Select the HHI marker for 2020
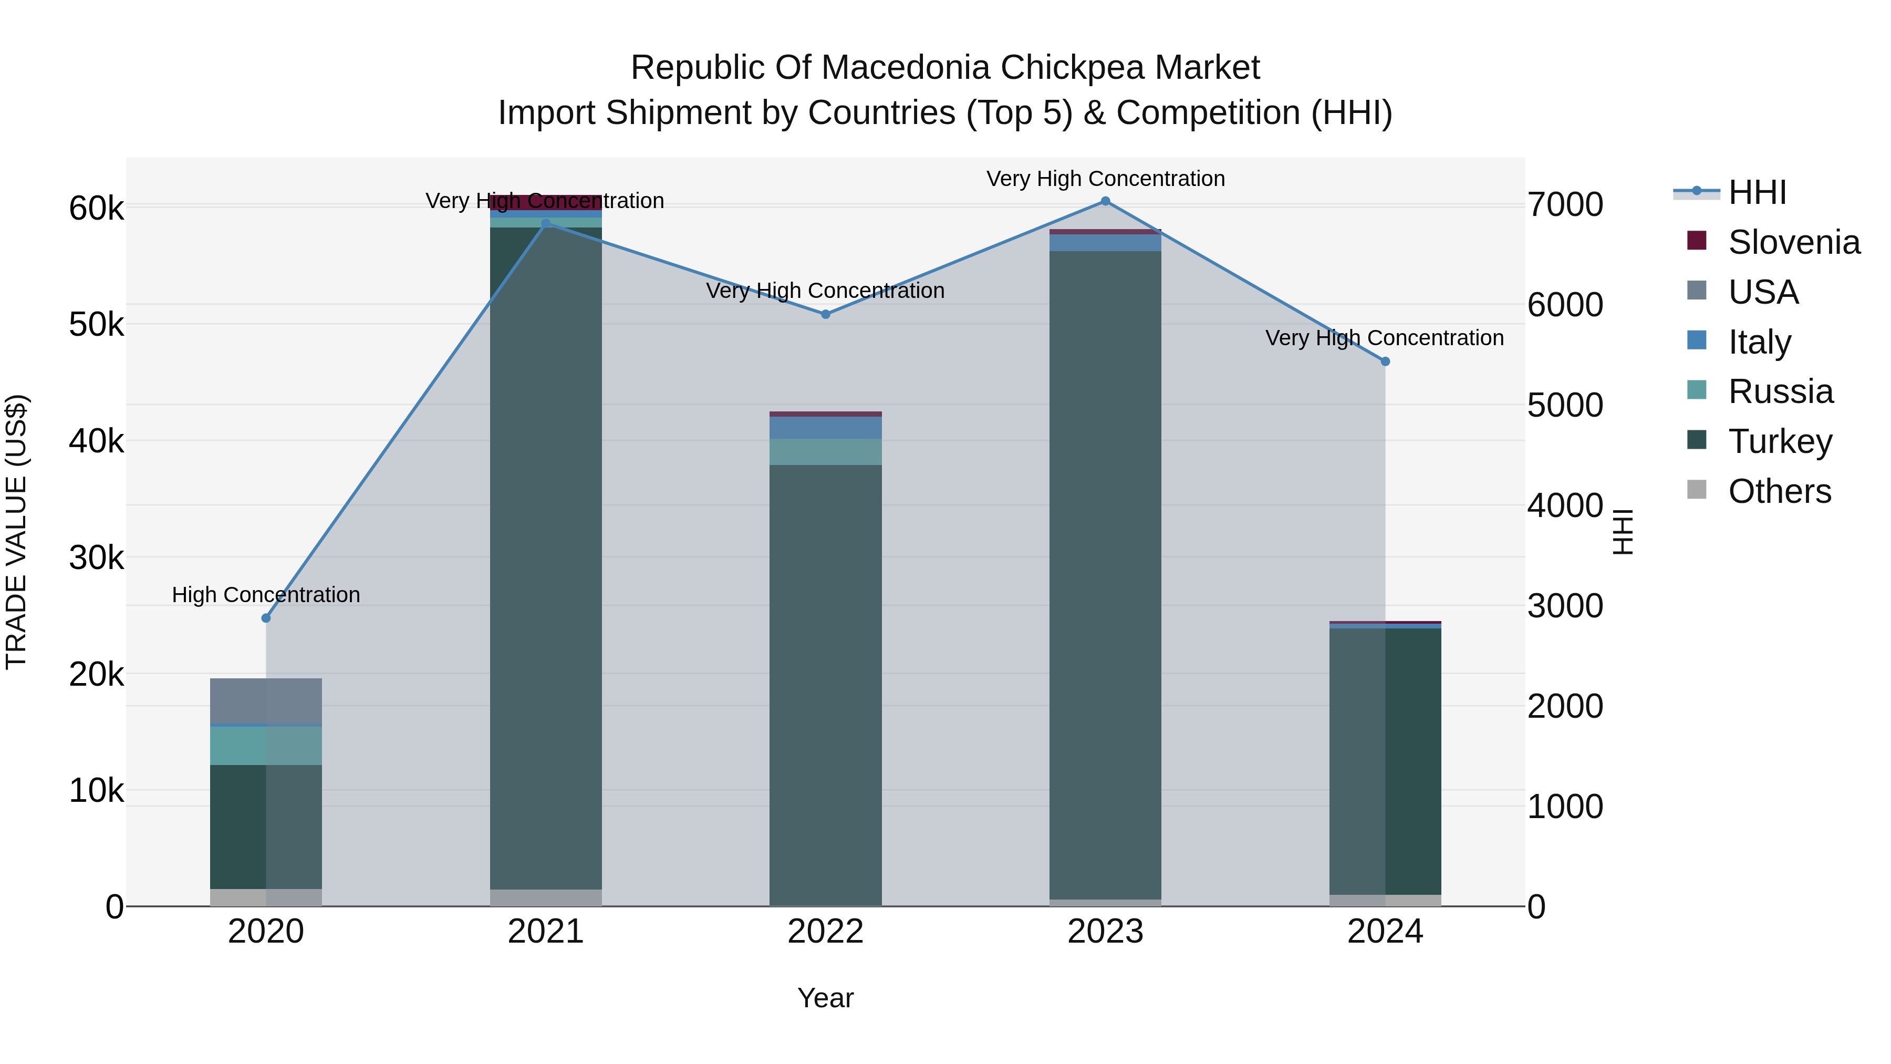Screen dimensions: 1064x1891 click(266, 618)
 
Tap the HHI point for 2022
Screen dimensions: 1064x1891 click(825, 314)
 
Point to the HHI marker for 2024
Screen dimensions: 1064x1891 click(1385, 361)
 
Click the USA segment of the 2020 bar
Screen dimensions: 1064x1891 click(266, 701)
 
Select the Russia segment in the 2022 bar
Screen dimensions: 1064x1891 click(825, 451)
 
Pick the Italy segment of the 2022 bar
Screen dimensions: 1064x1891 click(825, 427)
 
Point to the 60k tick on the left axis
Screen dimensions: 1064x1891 click(96, 209)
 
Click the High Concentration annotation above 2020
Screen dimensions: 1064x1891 click(266, 595)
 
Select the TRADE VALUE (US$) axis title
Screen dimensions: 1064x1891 click(16, 532)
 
